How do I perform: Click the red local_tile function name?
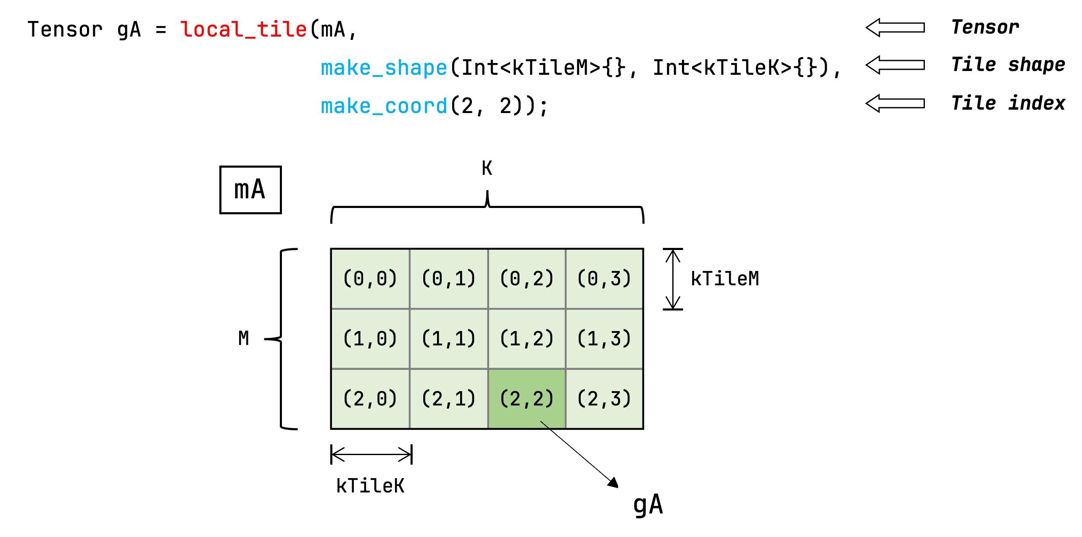pos(243,29)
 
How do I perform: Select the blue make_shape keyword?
pos(384,68)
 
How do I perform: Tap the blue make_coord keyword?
pos(384,106)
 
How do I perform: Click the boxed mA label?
pos(250,190)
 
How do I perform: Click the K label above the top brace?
pos(487,168)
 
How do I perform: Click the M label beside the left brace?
pos(244,338)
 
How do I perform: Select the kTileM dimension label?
pos(725,279)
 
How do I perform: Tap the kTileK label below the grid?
pos(370,486)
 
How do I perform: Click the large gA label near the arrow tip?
pos(648,505)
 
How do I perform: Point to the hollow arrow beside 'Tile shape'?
pos(895,65)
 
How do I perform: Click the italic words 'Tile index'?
pos(1008,103)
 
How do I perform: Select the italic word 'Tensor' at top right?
pos(985,27)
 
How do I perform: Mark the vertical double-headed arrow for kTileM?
pos(673,279)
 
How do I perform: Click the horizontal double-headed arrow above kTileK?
pos(371,454)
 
